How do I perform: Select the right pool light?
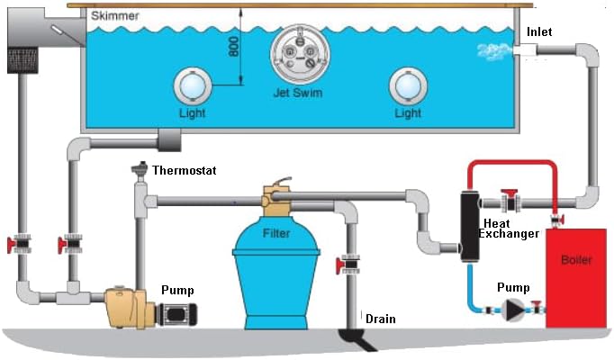(x=407, y=86)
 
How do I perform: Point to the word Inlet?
(x=540, y=32)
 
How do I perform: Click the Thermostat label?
(x=184, y=169)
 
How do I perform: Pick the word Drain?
(x=380, y=318)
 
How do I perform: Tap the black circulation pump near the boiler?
(x=511, y=311)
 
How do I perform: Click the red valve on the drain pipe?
(x=348, y=265)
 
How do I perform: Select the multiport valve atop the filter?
(x=274, y=200)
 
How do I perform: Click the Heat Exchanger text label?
(x=510, y=229)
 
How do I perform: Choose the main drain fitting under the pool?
(x=168, y=139)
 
